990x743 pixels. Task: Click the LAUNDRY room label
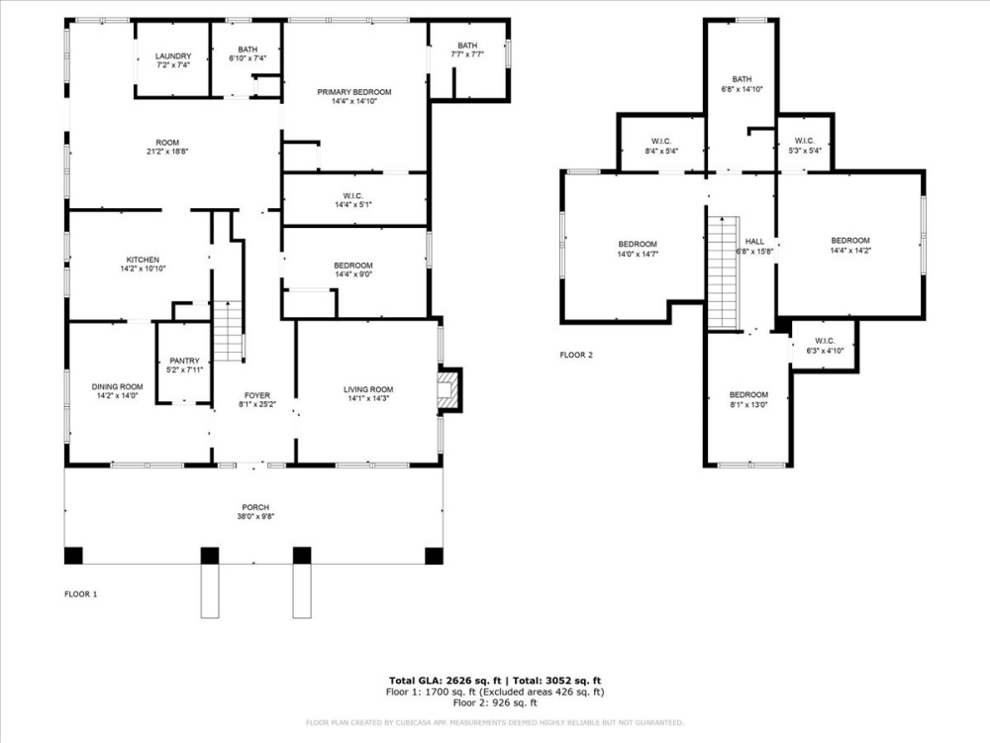coord(172,56)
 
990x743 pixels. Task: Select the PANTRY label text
coord(184,361)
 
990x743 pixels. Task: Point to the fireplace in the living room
coord(448,388)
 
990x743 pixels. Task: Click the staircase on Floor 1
coord(229,331)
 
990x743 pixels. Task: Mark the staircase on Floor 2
coord(723,271)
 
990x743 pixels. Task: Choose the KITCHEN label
coord(143,260)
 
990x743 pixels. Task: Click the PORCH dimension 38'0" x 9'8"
coord(253,517)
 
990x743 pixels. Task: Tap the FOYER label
coord(257,395)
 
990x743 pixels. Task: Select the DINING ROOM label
coord(117,386)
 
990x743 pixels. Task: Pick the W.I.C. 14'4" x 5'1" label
coord(352,195)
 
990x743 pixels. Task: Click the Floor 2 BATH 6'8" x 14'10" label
coord(742,80)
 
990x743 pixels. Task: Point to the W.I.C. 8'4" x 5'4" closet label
coord(662,141)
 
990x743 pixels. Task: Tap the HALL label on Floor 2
coord(754,241)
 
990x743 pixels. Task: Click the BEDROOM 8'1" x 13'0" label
coord(748,394)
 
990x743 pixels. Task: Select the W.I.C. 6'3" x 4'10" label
coord(825,341)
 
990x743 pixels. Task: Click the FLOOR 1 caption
coord(81,594)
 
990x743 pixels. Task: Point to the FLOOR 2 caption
coord(576,354)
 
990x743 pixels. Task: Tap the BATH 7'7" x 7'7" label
coord(467,46)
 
